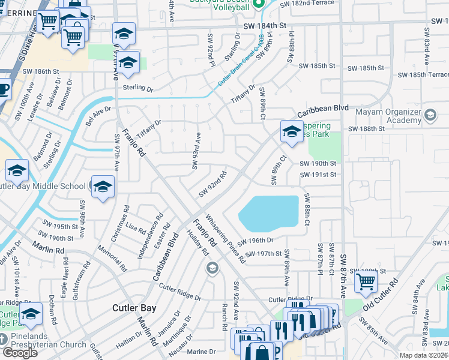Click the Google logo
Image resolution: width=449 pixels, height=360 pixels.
[x=20, y=353]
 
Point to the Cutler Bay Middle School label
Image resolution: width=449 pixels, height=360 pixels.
[x=42, y=186]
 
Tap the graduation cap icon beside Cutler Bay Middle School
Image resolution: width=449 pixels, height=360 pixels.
[x=103, y=186]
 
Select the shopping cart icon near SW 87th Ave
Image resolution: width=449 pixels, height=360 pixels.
[x=366, y=280]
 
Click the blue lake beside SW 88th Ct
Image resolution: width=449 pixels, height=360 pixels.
[x=269, y=212]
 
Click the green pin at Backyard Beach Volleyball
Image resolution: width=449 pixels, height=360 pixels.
[x=259, y=5]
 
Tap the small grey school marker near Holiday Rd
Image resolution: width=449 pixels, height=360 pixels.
[x=211, y=268]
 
